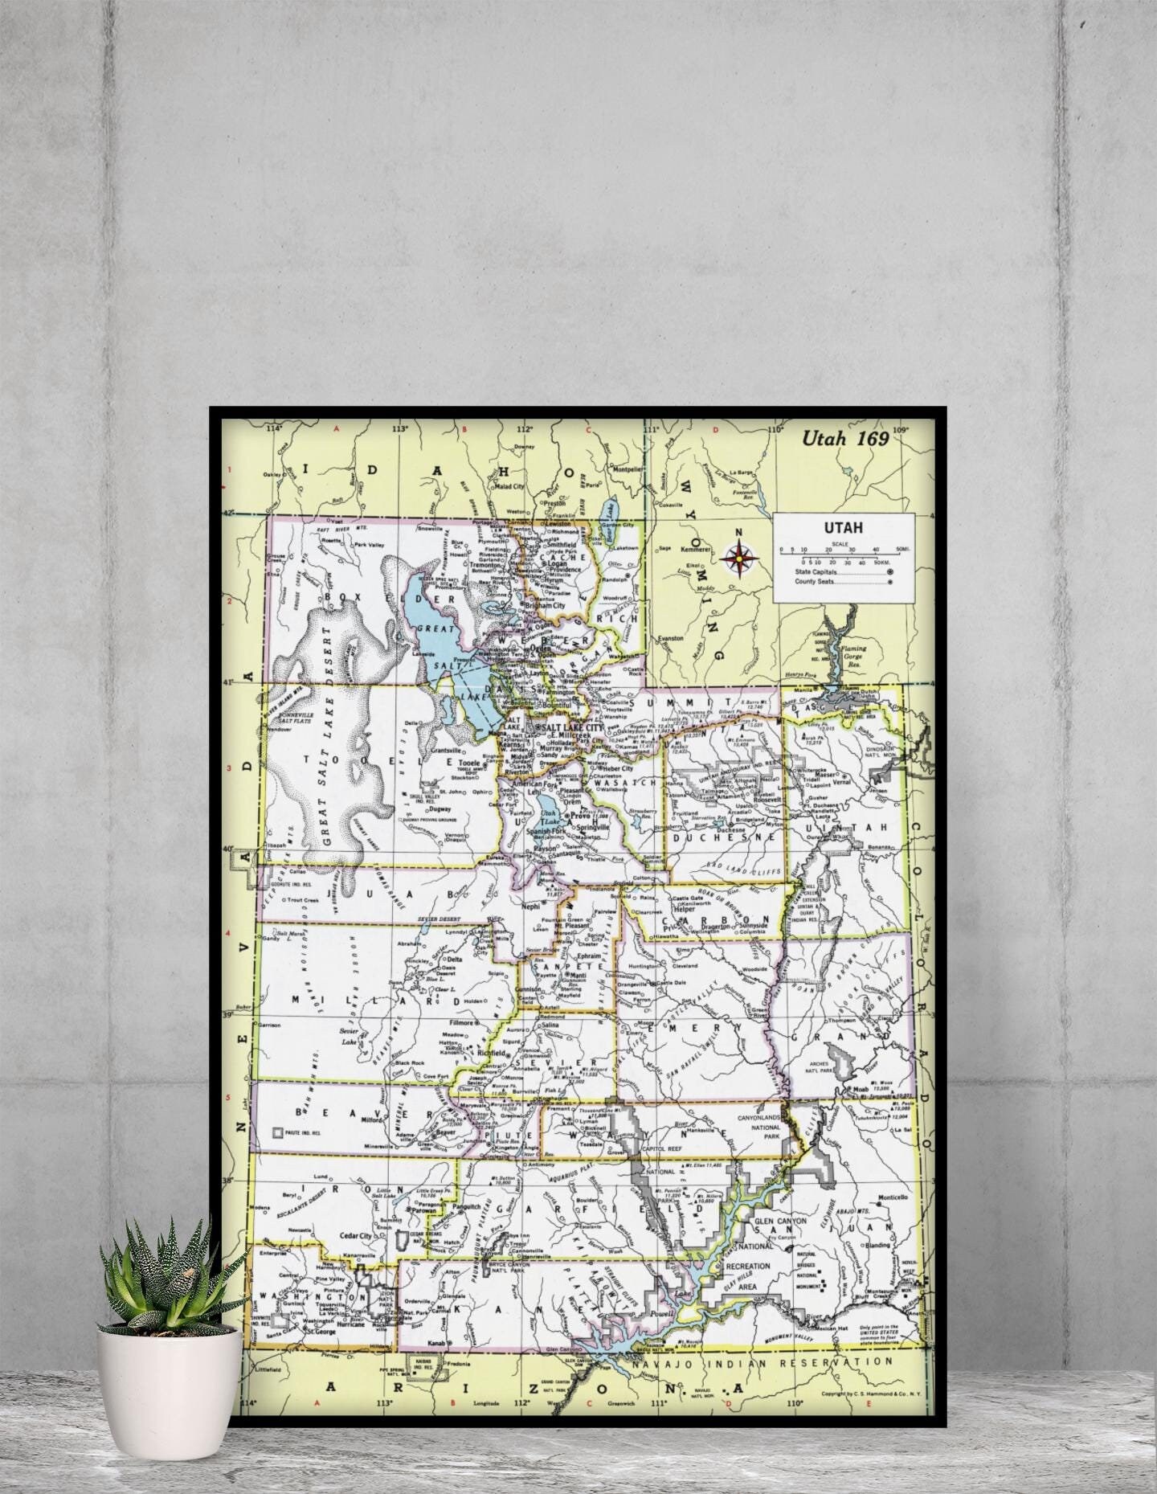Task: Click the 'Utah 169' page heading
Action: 844,438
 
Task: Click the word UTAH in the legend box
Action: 843,528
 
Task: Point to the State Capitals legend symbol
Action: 889,572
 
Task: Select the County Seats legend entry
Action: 816,581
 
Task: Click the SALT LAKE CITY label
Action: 573,727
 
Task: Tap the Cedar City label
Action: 356,1236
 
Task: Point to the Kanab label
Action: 436,1343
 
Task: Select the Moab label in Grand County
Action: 860,1090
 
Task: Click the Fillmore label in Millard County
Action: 462,1023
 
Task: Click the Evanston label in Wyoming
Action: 671,638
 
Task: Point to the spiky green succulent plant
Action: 170,1278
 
